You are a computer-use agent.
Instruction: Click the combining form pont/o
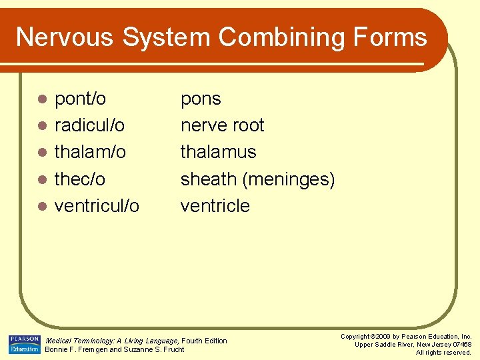click(x=80, y=99)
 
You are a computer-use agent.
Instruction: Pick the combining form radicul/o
click(x=89, y=125)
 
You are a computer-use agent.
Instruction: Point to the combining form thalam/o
click(x=90, y=152)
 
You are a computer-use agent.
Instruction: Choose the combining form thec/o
click(x=79, y=179)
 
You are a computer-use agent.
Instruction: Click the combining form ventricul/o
click(x=97, y=205)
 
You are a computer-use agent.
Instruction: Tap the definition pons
click(x=201, y=99)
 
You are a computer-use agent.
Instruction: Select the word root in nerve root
click(x=247, y=125)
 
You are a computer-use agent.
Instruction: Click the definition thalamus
click(x=218, y=152)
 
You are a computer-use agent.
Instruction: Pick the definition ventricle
click(x=215, y=205)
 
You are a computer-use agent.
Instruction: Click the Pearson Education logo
click(x=25, y=345)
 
